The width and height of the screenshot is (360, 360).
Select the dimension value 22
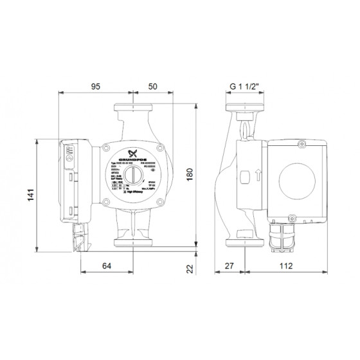(x=189, y=271)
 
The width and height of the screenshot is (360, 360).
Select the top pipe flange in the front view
(x=134, y=108)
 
